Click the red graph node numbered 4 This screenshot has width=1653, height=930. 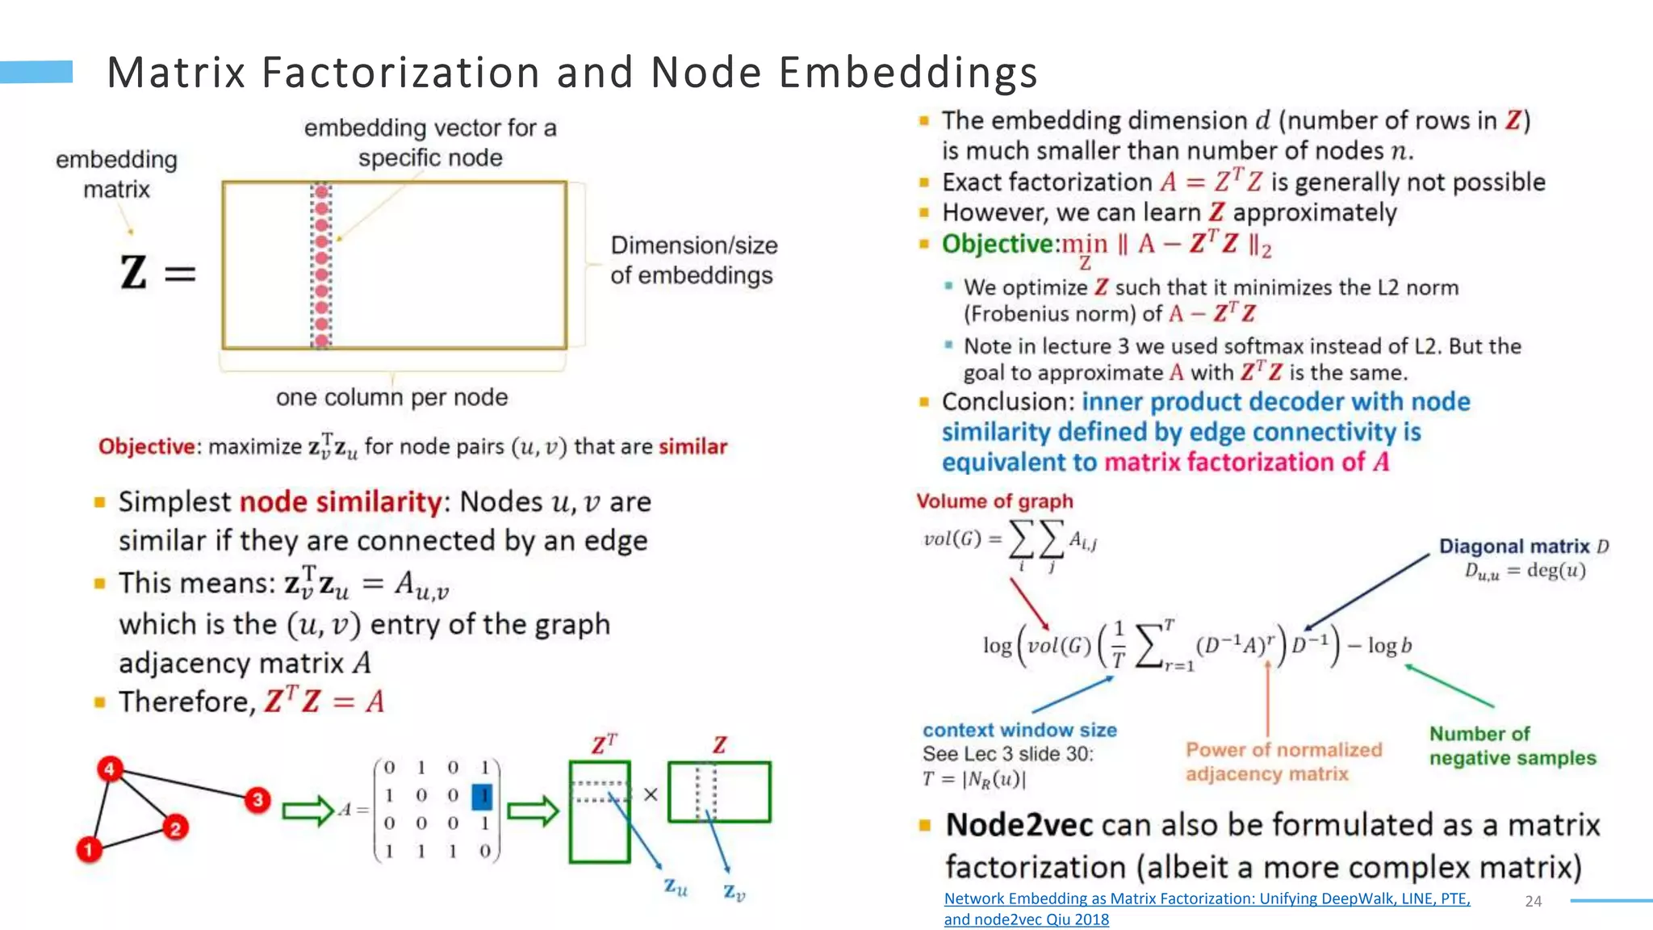point(110,769)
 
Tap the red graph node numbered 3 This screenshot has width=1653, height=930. point(257,799)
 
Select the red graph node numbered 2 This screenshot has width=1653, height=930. point(175,827)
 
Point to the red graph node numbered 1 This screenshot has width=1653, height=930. point(89,849)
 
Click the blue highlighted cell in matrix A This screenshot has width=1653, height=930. point(483,796)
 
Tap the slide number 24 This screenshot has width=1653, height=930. point(1533,901)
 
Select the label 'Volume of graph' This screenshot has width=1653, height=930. point(994,501)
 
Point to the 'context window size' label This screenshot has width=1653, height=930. point(1019,730)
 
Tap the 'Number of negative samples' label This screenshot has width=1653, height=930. point(1512,745)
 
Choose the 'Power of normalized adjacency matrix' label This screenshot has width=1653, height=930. point(1283,761)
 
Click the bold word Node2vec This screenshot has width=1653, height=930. point(1019,825)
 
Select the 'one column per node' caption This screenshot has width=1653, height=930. point(391,397)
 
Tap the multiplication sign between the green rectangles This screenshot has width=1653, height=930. point(651,794)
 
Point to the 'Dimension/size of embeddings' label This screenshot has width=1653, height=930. point(693,260)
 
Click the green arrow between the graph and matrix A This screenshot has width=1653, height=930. point(308,811)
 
